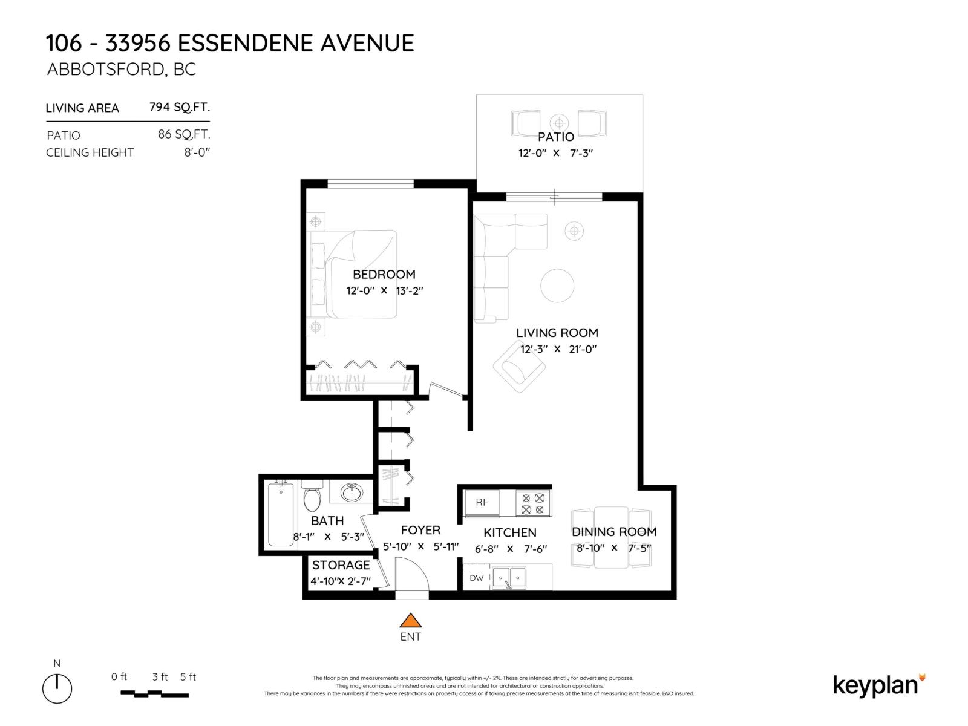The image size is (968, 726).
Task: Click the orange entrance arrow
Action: (410, 620)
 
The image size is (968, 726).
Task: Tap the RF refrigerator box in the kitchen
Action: (482, 502)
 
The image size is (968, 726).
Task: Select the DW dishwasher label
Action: (477, 578)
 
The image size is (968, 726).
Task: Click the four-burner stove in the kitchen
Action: (533, 504)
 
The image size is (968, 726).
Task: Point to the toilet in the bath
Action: (312, 497)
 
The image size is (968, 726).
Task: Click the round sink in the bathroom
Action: (352, 492)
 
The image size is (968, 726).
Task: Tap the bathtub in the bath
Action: (280, 514)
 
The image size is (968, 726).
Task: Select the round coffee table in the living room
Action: (557, 286)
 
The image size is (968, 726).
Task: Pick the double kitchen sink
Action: (509, 578)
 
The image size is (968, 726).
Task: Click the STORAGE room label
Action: (341, 565)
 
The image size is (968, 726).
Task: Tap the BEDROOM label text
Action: (384, 274)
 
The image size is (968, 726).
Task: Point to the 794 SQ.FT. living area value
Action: (180, 107)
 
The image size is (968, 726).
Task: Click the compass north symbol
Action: (57, 688)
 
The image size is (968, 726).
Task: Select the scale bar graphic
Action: (155, 693)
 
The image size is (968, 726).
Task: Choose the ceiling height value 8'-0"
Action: (197, 152)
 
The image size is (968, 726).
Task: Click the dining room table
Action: (611, 537)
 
